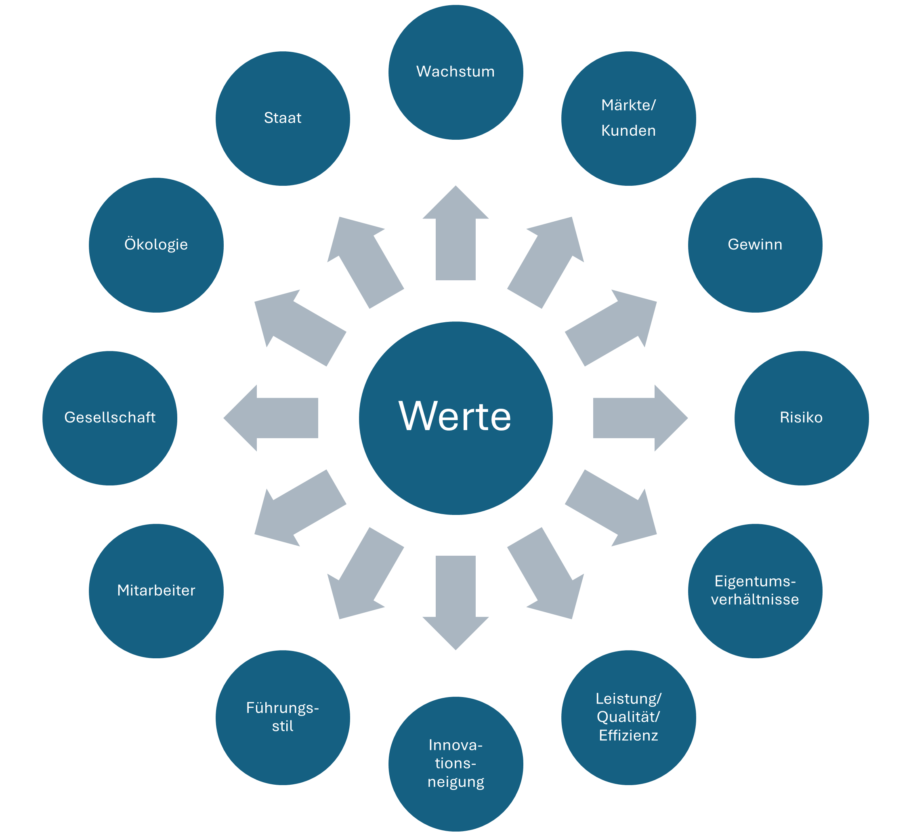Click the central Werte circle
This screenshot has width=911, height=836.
pos(455,418)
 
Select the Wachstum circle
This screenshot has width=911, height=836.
pos(455,72)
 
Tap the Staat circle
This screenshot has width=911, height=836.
pos(283,118)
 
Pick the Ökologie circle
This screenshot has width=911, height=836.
pos(156,245)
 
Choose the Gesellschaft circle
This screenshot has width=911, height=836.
pos(110,418)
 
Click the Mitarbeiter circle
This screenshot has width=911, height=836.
pos(156,591)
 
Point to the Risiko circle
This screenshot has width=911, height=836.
pos(801,418)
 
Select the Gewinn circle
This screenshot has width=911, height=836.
pos(755,245)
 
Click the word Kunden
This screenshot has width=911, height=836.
pos(628,131)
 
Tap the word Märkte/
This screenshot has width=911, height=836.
pos(628,105)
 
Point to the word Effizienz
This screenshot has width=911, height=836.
pos(628,735)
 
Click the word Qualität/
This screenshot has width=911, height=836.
pos(628,717)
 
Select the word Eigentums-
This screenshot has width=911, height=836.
pos(755,581)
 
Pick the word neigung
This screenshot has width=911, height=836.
pos(455,782)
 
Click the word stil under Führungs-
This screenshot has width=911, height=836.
pos(283,727)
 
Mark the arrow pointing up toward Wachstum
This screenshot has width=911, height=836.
pos(455,235)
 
